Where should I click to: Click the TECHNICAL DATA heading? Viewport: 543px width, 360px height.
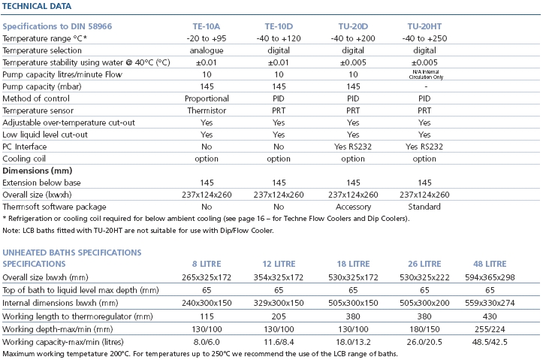(37, 6)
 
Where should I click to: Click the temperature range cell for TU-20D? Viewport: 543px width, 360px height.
(352, 38)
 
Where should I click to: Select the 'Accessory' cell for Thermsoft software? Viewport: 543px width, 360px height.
(352, 207)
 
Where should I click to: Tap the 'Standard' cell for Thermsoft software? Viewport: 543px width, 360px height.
(424, 207)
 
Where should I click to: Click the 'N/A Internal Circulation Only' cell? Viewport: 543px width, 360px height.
(424, 74)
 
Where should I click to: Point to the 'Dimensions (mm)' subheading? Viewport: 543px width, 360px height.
(37, 171)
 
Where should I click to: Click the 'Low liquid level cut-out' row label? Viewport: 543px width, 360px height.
(44, 135)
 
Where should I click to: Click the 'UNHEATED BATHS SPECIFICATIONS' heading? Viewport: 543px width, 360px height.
(72, 253)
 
